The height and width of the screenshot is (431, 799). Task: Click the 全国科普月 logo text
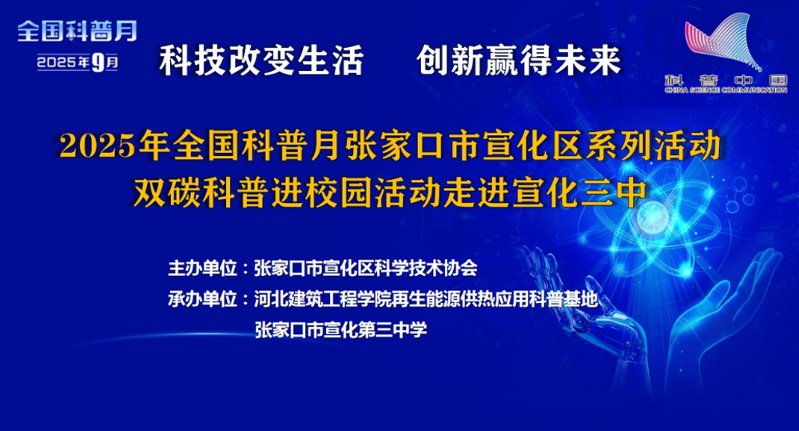tap(77, 32)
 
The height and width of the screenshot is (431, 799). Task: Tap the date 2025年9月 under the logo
tap(78, 62)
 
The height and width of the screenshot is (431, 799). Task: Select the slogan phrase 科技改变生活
tap(261, 61)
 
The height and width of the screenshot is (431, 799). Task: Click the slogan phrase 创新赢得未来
tap(519, 61)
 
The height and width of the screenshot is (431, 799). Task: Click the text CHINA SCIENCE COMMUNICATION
tap(726, 90)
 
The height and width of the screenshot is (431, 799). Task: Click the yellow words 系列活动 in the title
tap(654, 146)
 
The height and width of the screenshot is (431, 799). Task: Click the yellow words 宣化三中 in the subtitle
tap(579, 193)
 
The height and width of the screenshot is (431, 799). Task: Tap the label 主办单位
tap(203, 269)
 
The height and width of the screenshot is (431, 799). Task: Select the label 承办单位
tap(203, 299)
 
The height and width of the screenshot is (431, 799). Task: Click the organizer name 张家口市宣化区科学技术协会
tap(366, 269)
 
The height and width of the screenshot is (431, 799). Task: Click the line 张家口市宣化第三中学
tap(340, 330)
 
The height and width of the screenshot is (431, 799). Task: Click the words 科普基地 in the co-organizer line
tap(563, 299)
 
